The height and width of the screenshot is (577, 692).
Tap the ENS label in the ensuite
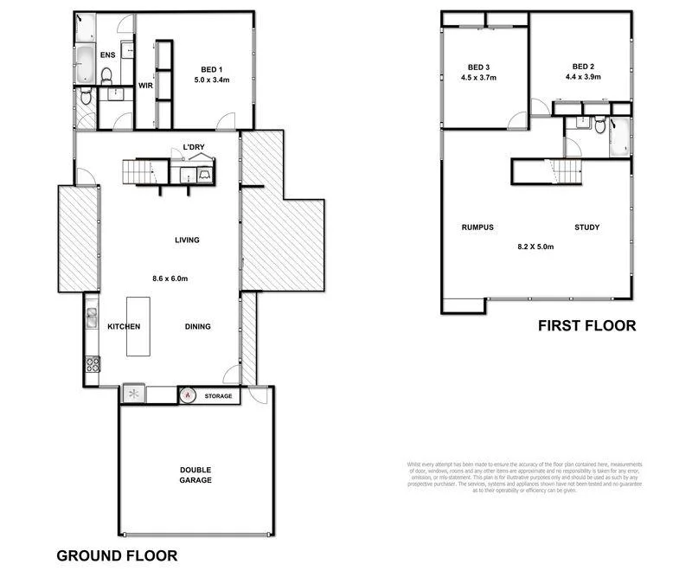coord(107,55)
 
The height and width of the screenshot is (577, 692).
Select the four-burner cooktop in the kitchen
coord(91,363)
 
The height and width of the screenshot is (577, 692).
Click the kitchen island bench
coord(138,326)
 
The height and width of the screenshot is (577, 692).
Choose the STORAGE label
coord(218,396)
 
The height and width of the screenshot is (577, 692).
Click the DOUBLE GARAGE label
coord(195,475)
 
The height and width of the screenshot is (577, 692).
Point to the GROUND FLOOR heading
coord(117,555)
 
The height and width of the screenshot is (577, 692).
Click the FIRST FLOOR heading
coord(586,326)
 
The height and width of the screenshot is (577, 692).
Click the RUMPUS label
coord(477,228)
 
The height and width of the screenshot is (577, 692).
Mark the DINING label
coord(198,326)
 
